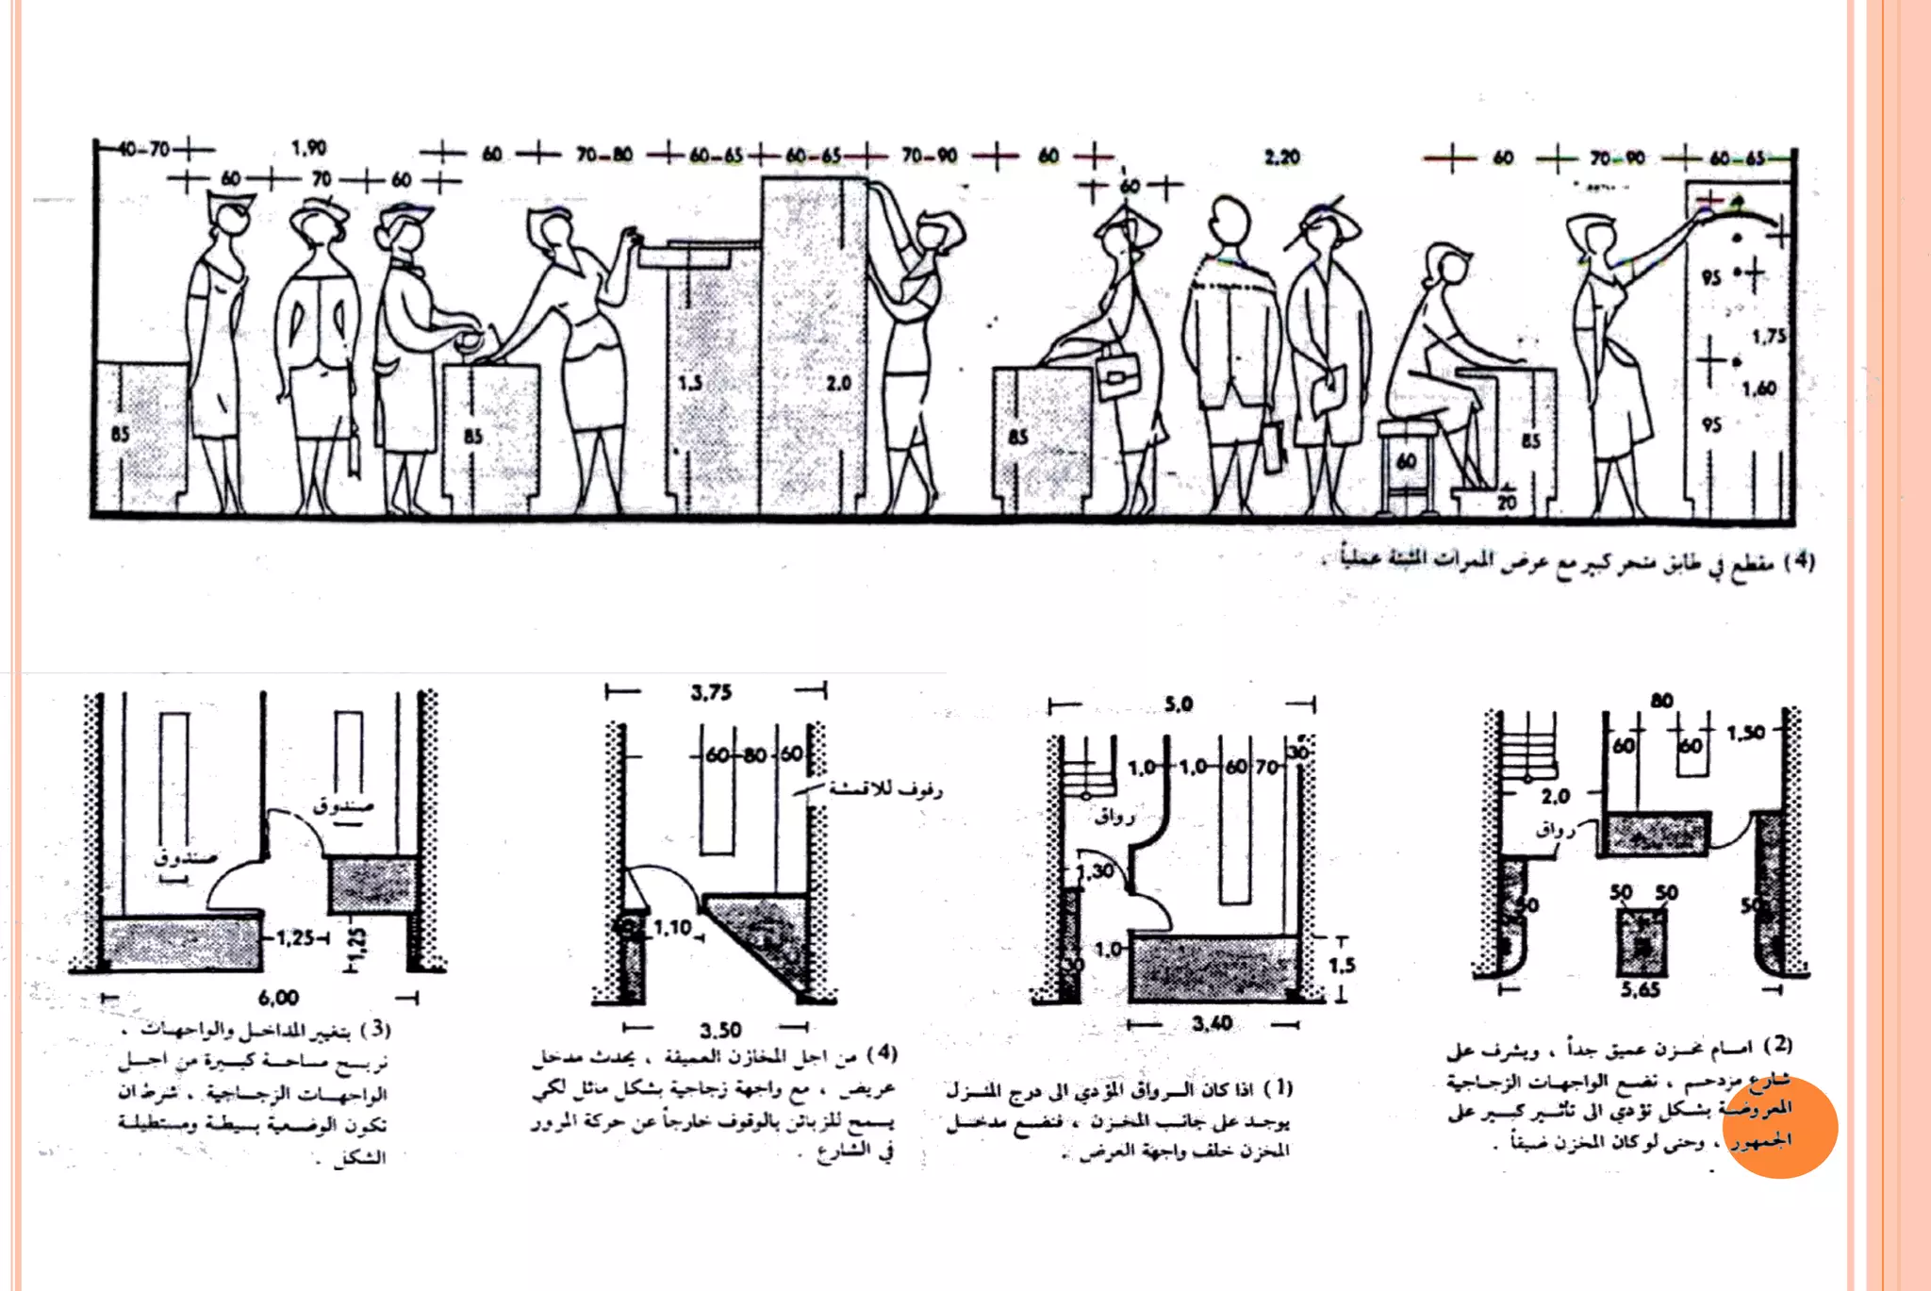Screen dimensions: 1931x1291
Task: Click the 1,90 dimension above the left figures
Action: coord(308,148)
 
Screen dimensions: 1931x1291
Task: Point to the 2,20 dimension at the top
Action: coord(1281,157)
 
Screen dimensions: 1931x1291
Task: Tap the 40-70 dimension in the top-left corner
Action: coord(145,149)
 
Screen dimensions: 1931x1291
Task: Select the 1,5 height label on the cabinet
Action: coord(690,383)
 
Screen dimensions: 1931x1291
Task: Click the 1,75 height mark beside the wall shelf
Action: coord(1769,337)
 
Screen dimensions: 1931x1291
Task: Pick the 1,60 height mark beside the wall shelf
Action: coord(1758,388)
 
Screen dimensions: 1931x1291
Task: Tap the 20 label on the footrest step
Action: coord(1507,503)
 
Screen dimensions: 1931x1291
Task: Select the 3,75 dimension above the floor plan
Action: coord(711,693)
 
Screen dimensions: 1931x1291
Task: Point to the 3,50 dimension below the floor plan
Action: coord(720,1030)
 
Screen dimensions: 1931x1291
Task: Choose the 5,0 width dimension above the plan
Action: coord(1179,704)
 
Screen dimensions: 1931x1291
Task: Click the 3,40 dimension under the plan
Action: coord(1212,1023)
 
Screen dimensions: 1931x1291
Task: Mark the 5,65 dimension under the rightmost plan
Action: coord(1641,989)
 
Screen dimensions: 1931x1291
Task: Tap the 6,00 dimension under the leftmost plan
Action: coord(278,998)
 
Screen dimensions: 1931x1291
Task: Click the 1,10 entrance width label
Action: coord(673,928)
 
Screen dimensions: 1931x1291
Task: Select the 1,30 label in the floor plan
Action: coord(1096,871)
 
